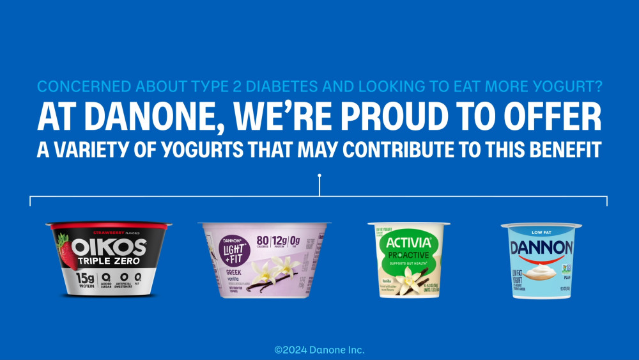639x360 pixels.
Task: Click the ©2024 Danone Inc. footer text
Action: coord(319,350)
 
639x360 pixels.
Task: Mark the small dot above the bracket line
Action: coord(319,174)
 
